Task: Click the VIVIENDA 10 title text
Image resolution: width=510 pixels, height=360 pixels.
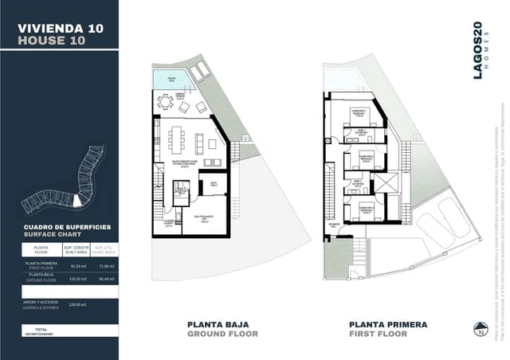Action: coord(60,28)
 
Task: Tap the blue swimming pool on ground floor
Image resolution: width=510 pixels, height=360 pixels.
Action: coord(167,78)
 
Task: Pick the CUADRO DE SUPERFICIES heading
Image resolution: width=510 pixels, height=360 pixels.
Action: coord(67,227)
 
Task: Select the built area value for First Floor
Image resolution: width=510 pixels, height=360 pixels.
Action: coord(78,267)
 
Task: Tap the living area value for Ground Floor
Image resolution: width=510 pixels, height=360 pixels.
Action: coord(104,280)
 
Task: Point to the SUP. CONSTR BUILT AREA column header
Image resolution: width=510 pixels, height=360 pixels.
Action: coord(78,249)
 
